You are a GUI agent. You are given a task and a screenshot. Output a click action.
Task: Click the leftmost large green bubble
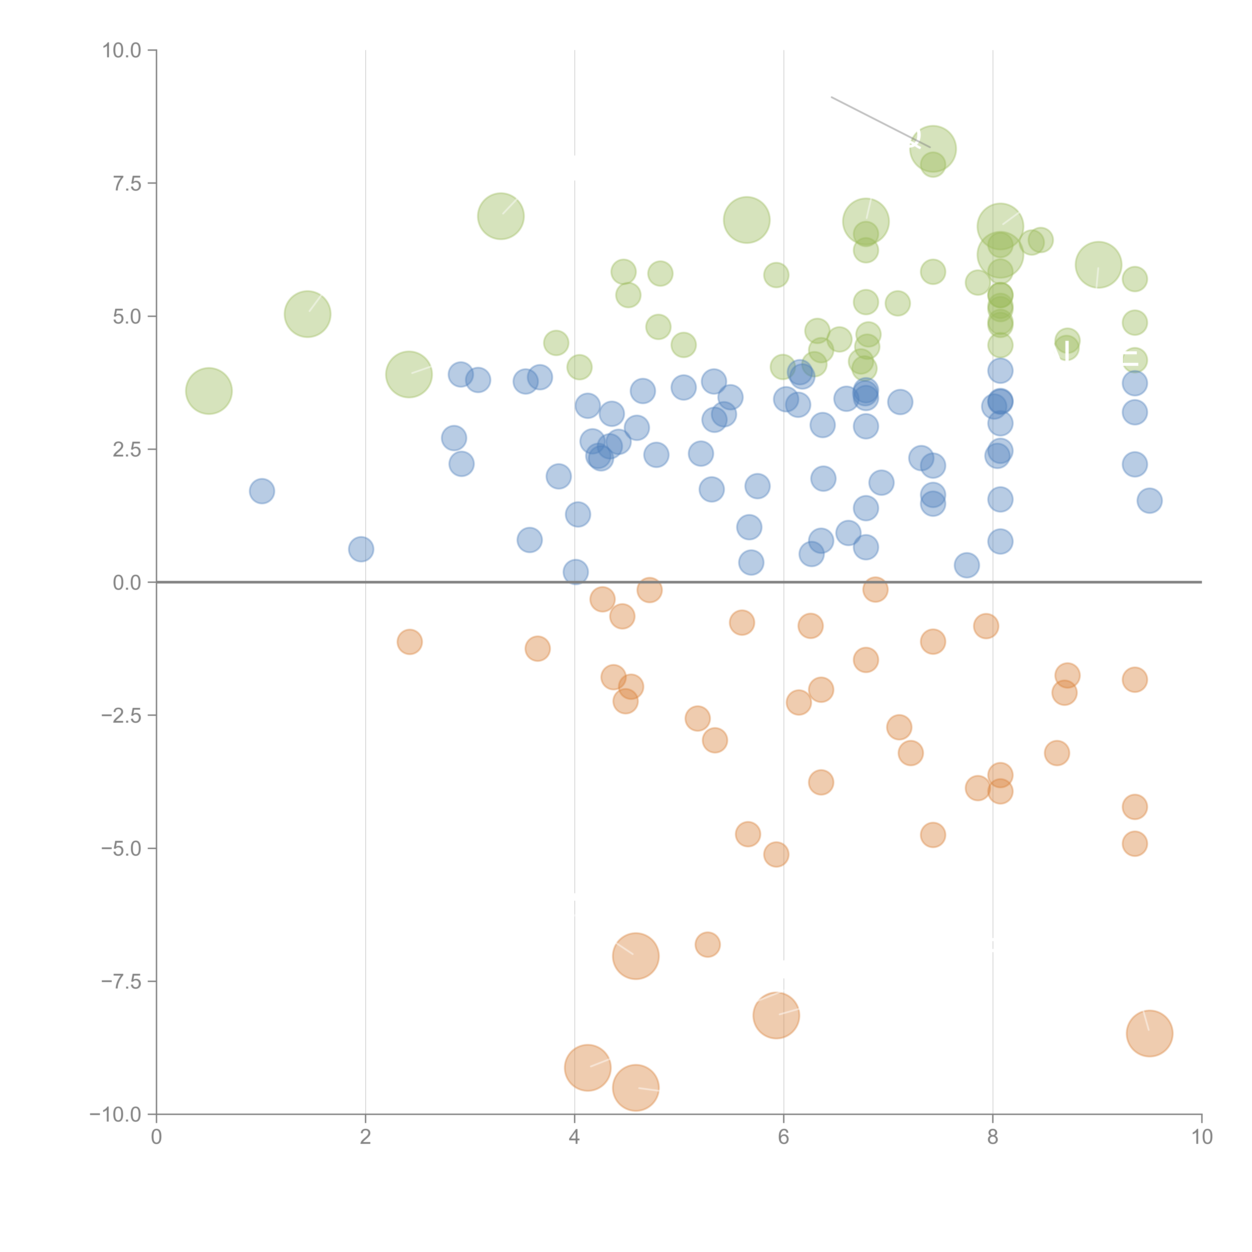[209, 391]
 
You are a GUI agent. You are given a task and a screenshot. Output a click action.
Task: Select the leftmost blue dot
[262, 491]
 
